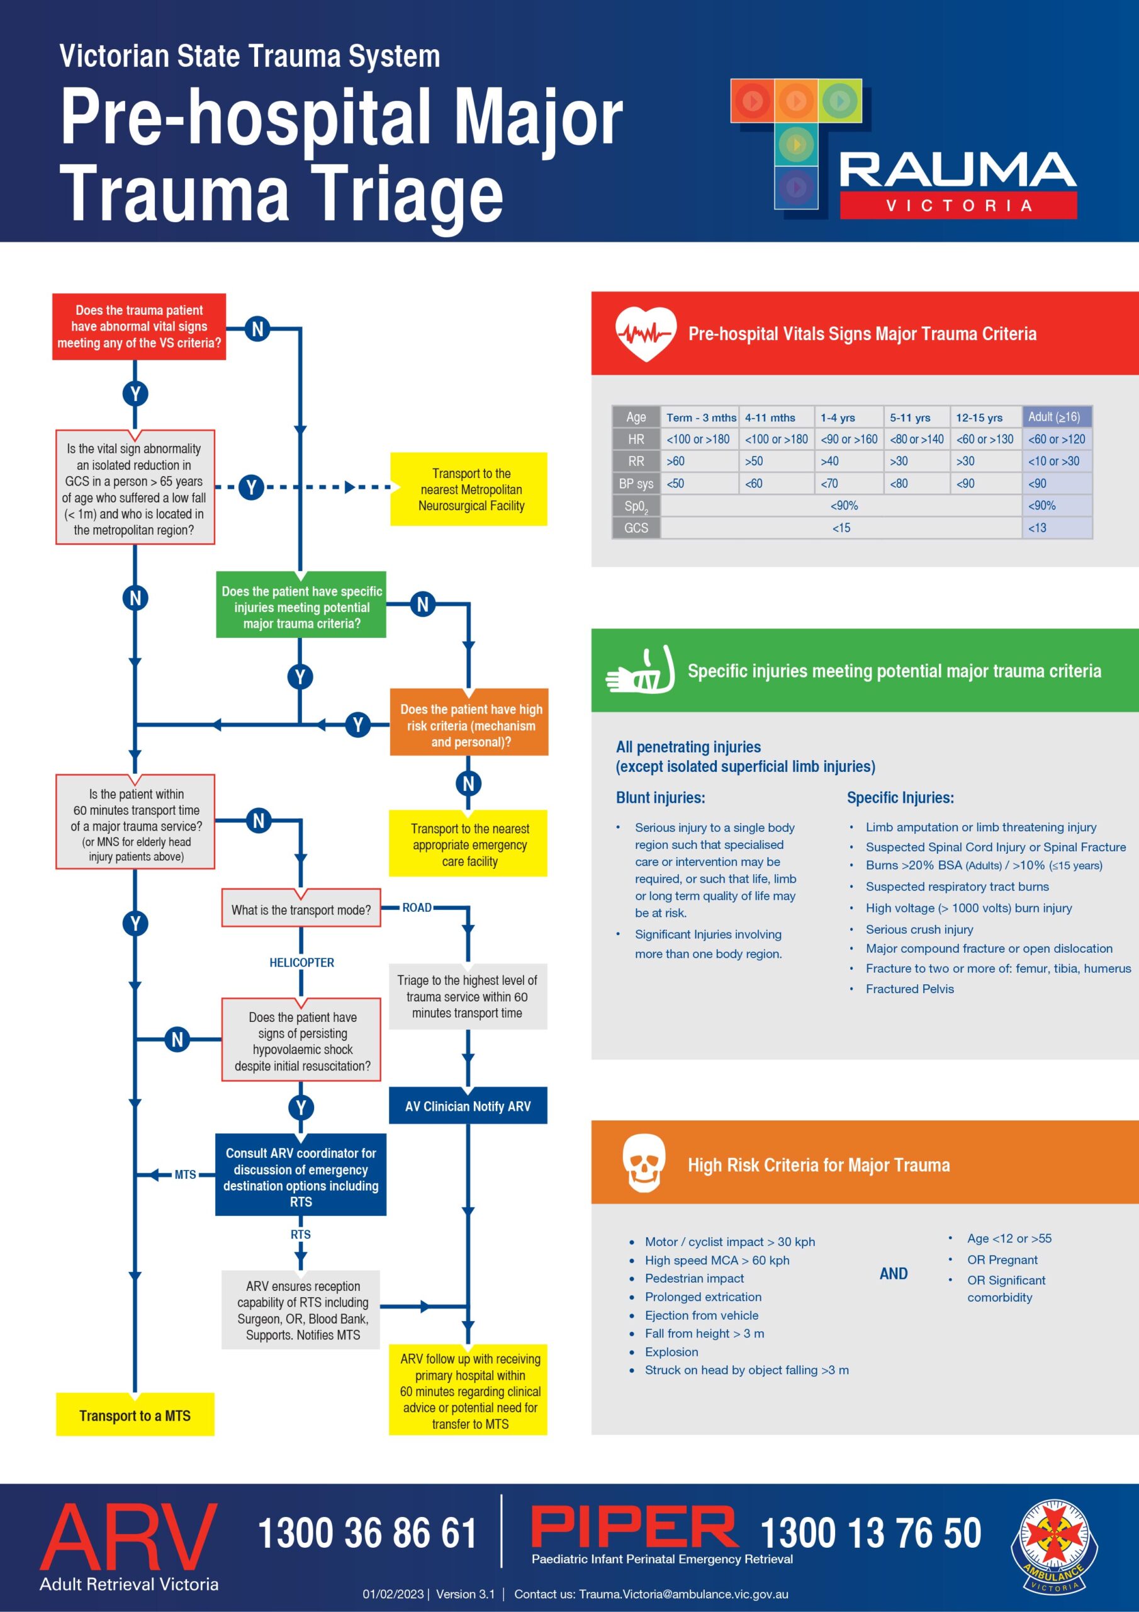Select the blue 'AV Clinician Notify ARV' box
468,1106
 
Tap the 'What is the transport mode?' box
301,909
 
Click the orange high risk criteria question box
469,725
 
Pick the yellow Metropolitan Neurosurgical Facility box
469,489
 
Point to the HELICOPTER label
302,963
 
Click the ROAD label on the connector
417,908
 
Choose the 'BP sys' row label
636,484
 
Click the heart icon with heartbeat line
646,334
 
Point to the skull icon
644,1164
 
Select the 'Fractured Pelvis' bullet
909,989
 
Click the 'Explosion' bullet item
671,1351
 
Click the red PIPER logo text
634,1527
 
